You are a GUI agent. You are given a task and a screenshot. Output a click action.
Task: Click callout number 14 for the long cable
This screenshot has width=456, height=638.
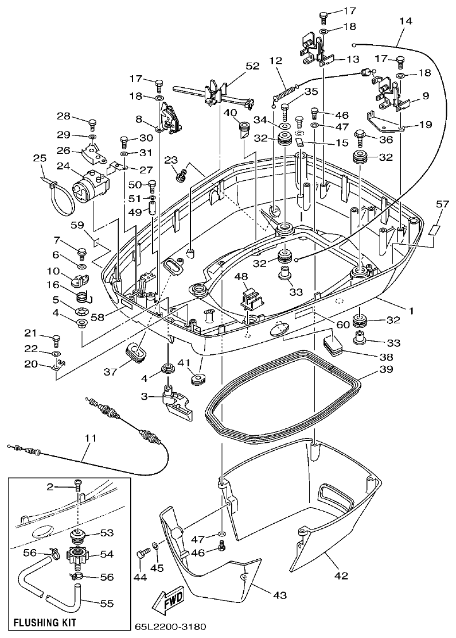pyautogui.click(x=406, y=21)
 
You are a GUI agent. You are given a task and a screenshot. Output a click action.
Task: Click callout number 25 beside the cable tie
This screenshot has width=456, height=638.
pyautogui.click(x=40, y=157)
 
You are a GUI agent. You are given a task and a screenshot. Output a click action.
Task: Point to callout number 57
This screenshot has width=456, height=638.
pyautogui.click(x=442, y=204)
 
